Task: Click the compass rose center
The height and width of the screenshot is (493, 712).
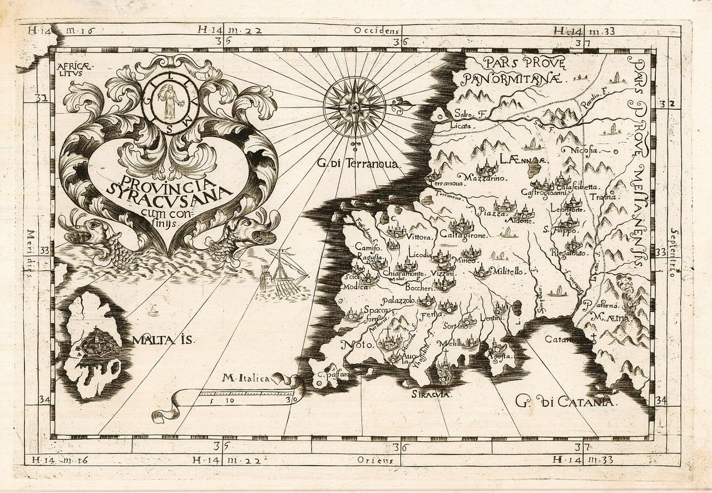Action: (x=354, y=105)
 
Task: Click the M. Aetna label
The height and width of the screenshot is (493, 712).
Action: (x=611, y=319)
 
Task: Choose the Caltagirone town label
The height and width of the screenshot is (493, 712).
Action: (x=468, y=236)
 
